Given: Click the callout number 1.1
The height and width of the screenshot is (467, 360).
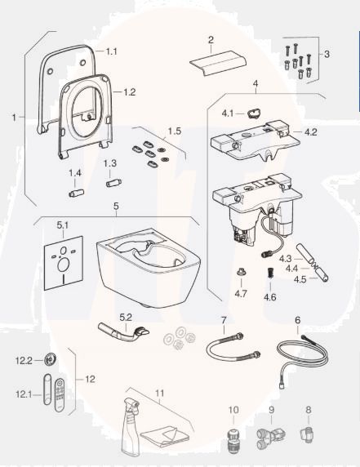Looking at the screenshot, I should click(x=112, y=51).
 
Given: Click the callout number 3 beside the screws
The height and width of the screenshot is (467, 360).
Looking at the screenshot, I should click(x=327, y=54).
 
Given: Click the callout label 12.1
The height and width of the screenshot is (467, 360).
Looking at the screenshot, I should click(x=22, y=394).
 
